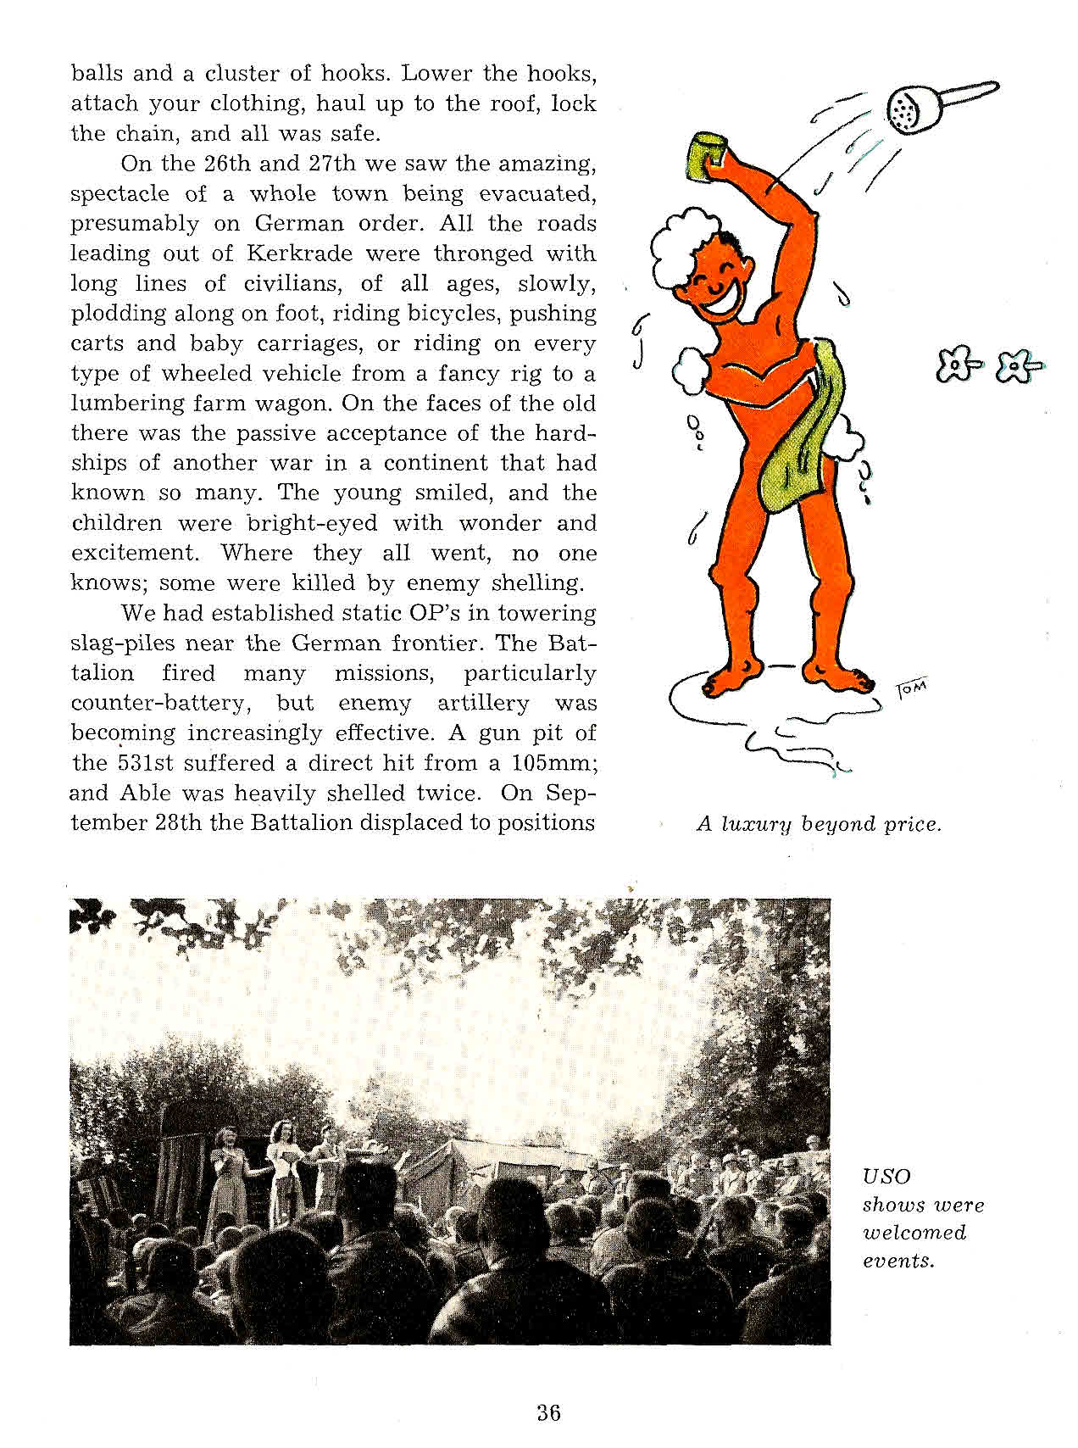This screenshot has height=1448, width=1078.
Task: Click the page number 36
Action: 548,1412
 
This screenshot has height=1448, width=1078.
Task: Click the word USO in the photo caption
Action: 886,1177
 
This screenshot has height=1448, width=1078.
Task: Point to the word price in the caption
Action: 912,824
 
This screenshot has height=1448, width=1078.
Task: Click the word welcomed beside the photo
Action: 914,1233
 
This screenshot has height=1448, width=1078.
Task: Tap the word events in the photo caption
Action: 898,1261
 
